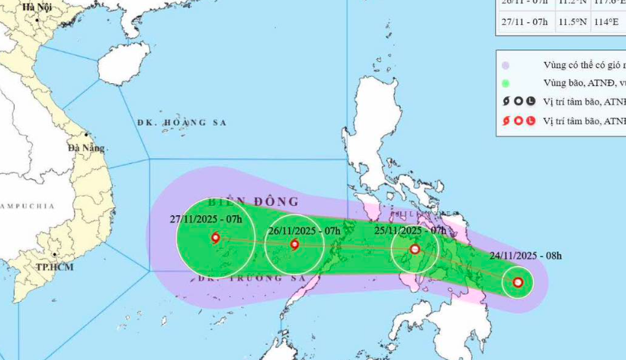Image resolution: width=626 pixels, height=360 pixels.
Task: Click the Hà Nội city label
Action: [37, 7]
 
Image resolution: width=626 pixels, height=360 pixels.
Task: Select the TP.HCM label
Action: [54, 268]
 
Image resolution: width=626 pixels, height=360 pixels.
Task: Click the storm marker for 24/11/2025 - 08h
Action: [518, 283]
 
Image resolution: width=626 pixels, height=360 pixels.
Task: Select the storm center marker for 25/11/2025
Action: [415, 249]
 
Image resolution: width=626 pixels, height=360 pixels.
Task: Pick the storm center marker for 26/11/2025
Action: [295, 245]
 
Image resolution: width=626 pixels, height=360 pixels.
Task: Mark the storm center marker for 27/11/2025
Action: [216, 238]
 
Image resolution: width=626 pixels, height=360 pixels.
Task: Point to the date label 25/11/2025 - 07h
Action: [410, 230]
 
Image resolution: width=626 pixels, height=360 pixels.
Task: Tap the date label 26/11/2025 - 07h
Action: [303, 230]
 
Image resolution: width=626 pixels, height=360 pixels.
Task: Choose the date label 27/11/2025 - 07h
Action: [206, 220]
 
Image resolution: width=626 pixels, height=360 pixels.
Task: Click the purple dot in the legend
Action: [506, 65]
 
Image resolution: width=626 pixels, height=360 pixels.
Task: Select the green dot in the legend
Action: [506, 83]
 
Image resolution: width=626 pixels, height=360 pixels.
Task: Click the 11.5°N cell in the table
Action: [570, 21]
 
